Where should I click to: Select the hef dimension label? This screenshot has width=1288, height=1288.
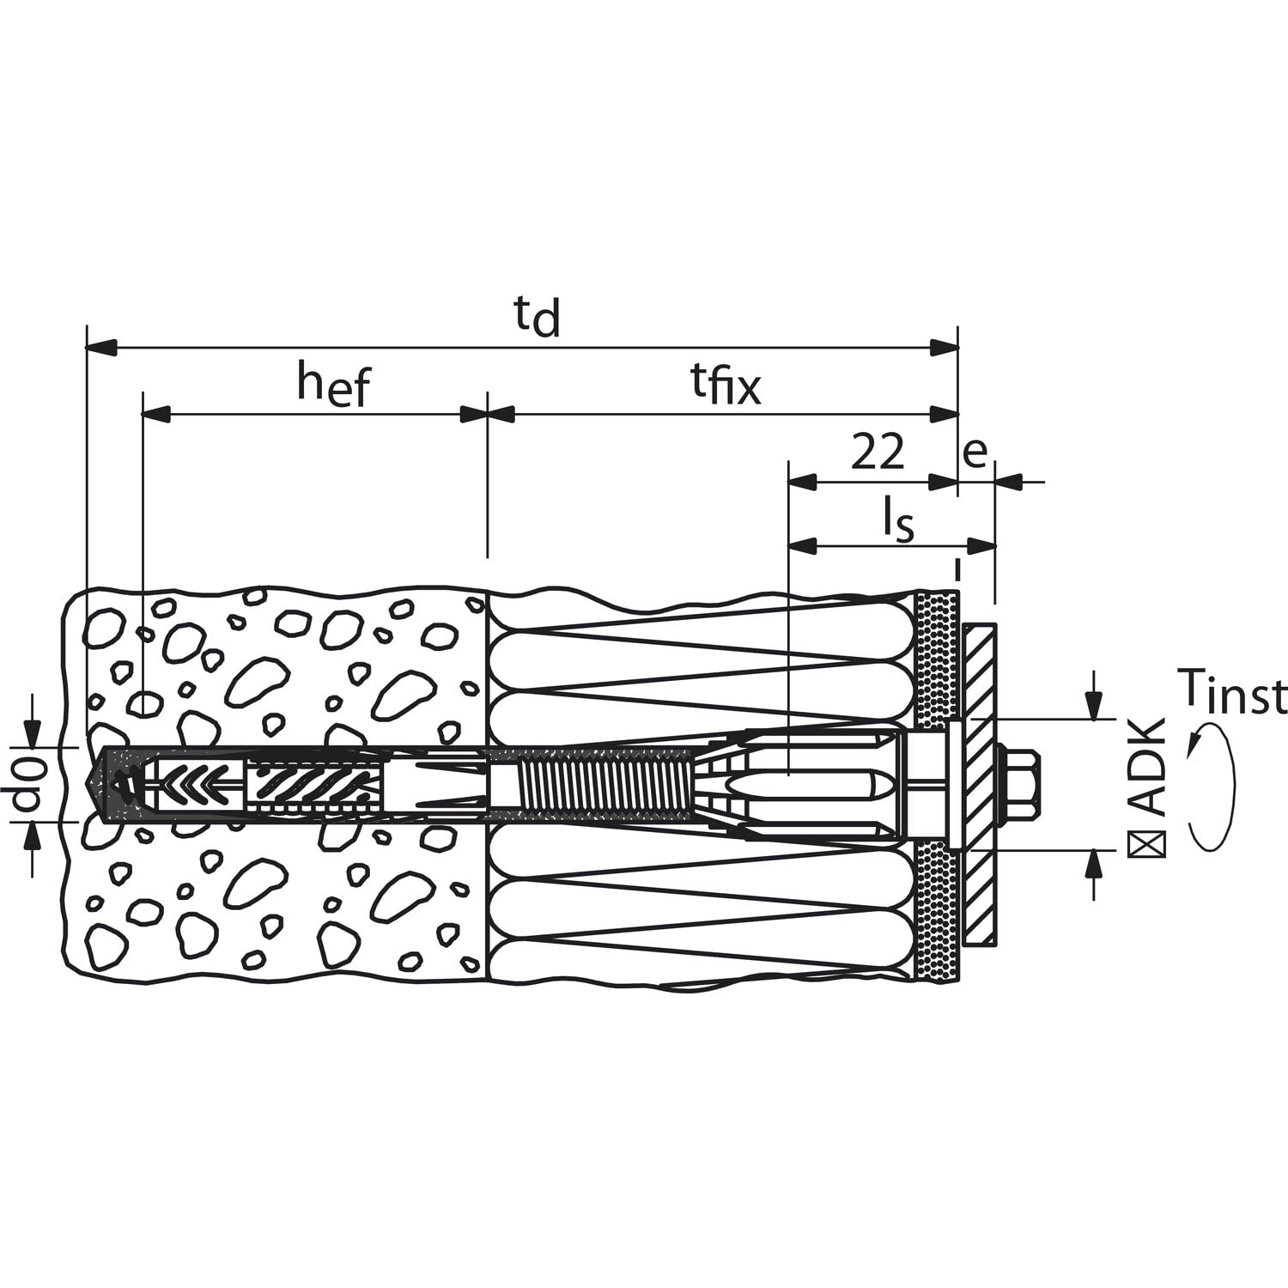pyautogui.click(x=332, y=384)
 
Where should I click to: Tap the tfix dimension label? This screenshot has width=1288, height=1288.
pyautogui.click(x=726, y=386)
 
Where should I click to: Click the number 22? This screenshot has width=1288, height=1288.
pyautogui.click(x=877, y=452)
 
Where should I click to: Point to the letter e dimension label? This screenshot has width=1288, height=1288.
pyautogui.click(x=975, y=453)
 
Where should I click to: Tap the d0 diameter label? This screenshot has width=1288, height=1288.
pyautogui.click(x=29, y=784)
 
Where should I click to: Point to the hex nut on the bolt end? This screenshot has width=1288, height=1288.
pyautogui.click(x=1022, y=783)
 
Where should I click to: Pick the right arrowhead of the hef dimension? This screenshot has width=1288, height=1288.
pyautogui.click(x=474, y=415)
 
